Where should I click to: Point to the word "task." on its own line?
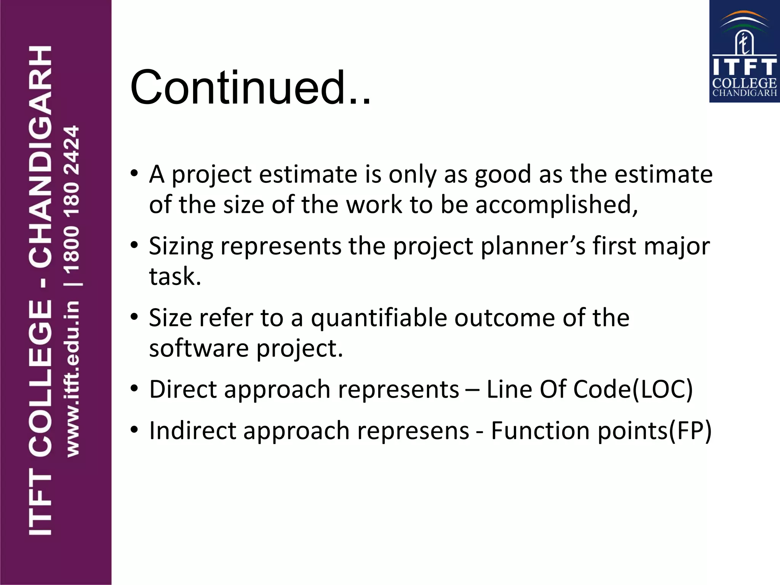175,277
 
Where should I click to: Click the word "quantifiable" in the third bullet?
379,318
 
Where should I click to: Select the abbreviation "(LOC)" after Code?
663,390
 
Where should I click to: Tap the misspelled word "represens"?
413,431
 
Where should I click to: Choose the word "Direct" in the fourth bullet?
183,390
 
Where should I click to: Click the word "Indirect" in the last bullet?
192,431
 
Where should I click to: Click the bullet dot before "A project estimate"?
134,174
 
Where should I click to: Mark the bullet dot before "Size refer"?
134,317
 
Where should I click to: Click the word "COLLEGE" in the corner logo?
744,83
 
